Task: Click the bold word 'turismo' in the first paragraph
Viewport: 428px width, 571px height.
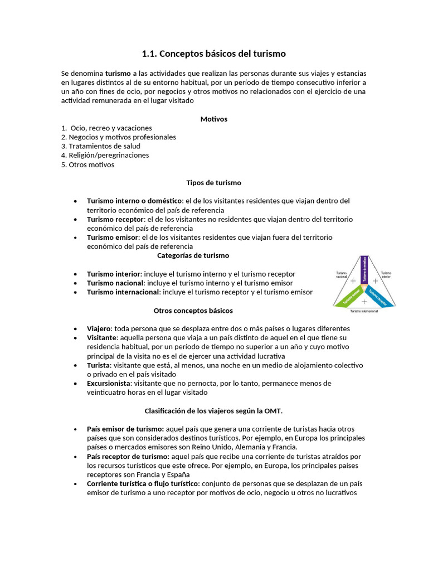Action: click(x=118, y=74)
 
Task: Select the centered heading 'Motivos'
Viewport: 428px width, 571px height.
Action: click(x=213, y=119)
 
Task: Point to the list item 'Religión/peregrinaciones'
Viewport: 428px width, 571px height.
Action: click(x=105, y=155)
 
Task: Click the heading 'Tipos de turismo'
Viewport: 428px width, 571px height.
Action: click(x=213, y=183)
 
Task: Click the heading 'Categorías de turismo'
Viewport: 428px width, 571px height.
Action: click(x=193, y=255)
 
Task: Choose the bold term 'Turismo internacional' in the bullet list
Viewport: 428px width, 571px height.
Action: click(x=123, y=292)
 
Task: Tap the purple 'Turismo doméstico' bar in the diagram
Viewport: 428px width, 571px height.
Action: click(x=364, y=269)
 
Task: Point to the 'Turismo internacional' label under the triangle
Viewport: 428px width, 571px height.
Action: click(x=364, y=311)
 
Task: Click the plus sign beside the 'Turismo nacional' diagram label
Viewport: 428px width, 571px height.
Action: click(x=353, y=281)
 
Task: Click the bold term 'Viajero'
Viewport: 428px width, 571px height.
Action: click(x=99, y=328)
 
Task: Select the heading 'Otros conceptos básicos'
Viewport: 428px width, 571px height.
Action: click(x=193, y=310)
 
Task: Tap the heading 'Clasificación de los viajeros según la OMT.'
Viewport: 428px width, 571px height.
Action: click(x=213, y=411)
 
